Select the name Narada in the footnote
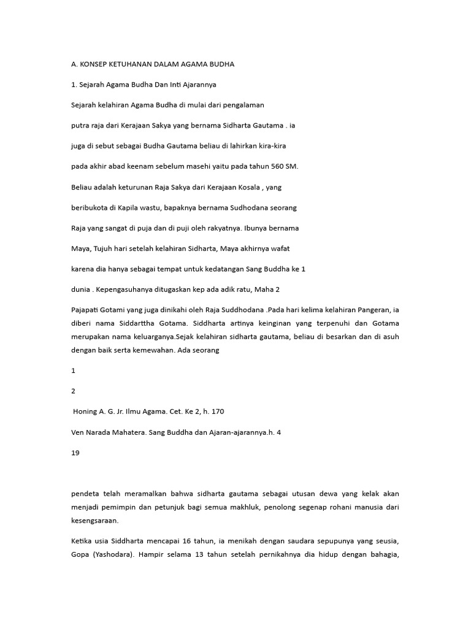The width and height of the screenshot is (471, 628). pos(105,432)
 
